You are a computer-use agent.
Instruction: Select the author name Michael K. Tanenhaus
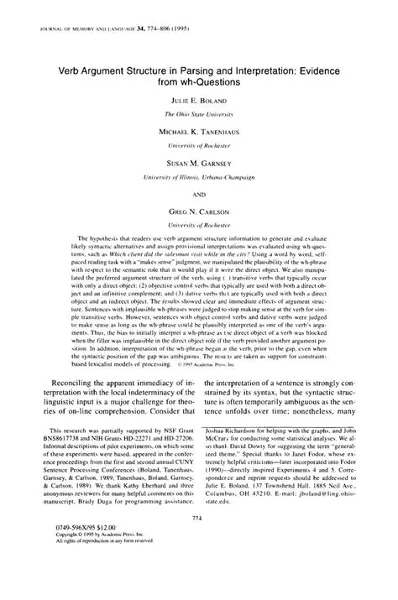[198, 132]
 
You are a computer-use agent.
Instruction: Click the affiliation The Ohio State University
[198, 112]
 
